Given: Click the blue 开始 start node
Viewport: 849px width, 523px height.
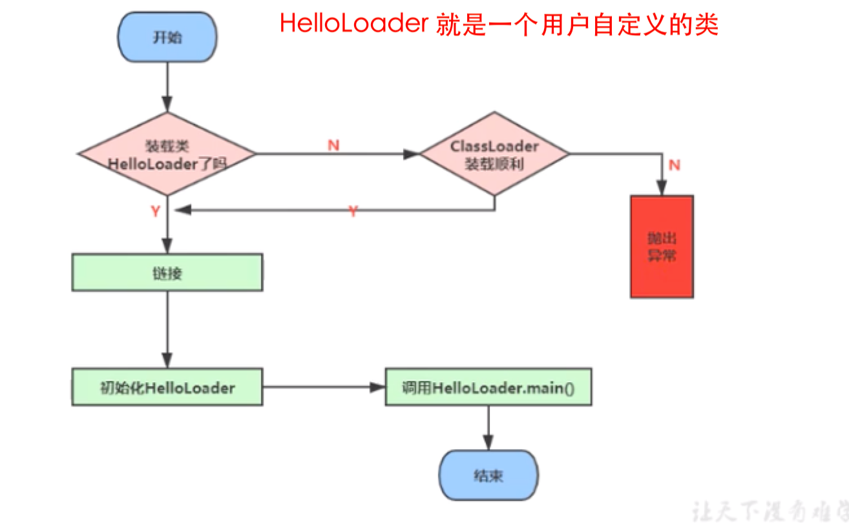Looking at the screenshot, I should [167, 37].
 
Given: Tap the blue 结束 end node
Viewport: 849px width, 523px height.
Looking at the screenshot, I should [488, 477].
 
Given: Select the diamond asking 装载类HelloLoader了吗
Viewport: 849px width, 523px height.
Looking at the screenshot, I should [167, 154].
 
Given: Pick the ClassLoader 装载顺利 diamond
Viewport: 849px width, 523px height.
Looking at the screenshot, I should [494, 154].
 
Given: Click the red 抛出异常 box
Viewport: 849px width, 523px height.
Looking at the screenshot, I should [662, 247].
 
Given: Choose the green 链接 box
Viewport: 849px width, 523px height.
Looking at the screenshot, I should [167, 272].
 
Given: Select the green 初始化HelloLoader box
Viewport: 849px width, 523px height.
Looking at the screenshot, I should [167, 387].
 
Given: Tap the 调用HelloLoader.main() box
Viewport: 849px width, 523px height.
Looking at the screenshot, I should [488, 387].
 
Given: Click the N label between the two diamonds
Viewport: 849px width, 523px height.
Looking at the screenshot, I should [333, 145].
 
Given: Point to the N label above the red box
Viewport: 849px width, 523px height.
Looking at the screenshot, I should [674, 165].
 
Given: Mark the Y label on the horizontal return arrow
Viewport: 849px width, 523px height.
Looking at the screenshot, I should [353, 211].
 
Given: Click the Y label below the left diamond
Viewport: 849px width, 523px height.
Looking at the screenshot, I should [156, 212].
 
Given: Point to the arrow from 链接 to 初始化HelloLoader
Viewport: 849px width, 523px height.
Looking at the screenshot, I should [167, 329].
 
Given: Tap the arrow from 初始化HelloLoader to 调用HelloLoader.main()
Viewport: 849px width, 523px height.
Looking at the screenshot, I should [323, 387].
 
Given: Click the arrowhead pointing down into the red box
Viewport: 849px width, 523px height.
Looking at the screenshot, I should [662, 189].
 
